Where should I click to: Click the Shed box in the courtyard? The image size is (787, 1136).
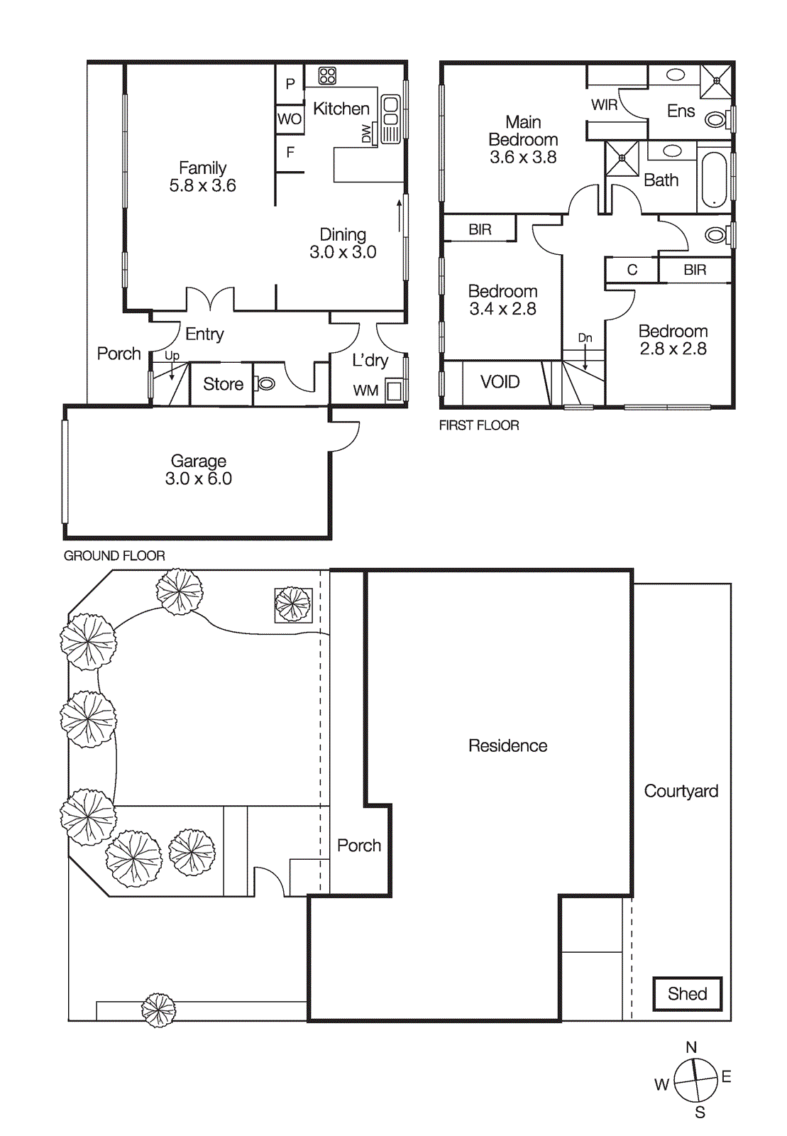(x=687, y=993)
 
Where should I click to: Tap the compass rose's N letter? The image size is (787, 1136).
(x=691, y=1047)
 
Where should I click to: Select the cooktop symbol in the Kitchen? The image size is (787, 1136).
(x=327, y=75)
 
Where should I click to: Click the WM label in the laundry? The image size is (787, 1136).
(x=365, y=390)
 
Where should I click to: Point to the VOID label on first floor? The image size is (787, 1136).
(x=500, y=382)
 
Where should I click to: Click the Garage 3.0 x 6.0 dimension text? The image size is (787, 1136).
(x=199, y=479)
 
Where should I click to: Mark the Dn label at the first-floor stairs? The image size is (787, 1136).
(x=585, y=338)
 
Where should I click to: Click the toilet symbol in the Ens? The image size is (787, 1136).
(x=715, y=119)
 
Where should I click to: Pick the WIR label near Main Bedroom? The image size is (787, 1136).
(x=604, y=105)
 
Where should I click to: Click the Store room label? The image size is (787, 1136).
(x=223, y=384)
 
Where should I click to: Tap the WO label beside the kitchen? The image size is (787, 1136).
(x=290, y=119)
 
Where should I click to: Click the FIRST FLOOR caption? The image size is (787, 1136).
(x=479, y=425)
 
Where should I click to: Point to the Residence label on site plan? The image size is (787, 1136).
(x=507, y=745)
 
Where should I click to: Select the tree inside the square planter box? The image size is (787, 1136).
(x=293, y=605)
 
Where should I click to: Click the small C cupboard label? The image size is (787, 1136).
(x=632, y=270)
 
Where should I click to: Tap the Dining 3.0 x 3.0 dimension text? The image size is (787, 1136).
(x=343, y=252)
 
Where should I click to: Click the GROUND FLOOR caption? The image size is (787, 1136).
(x=114, y=556)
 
